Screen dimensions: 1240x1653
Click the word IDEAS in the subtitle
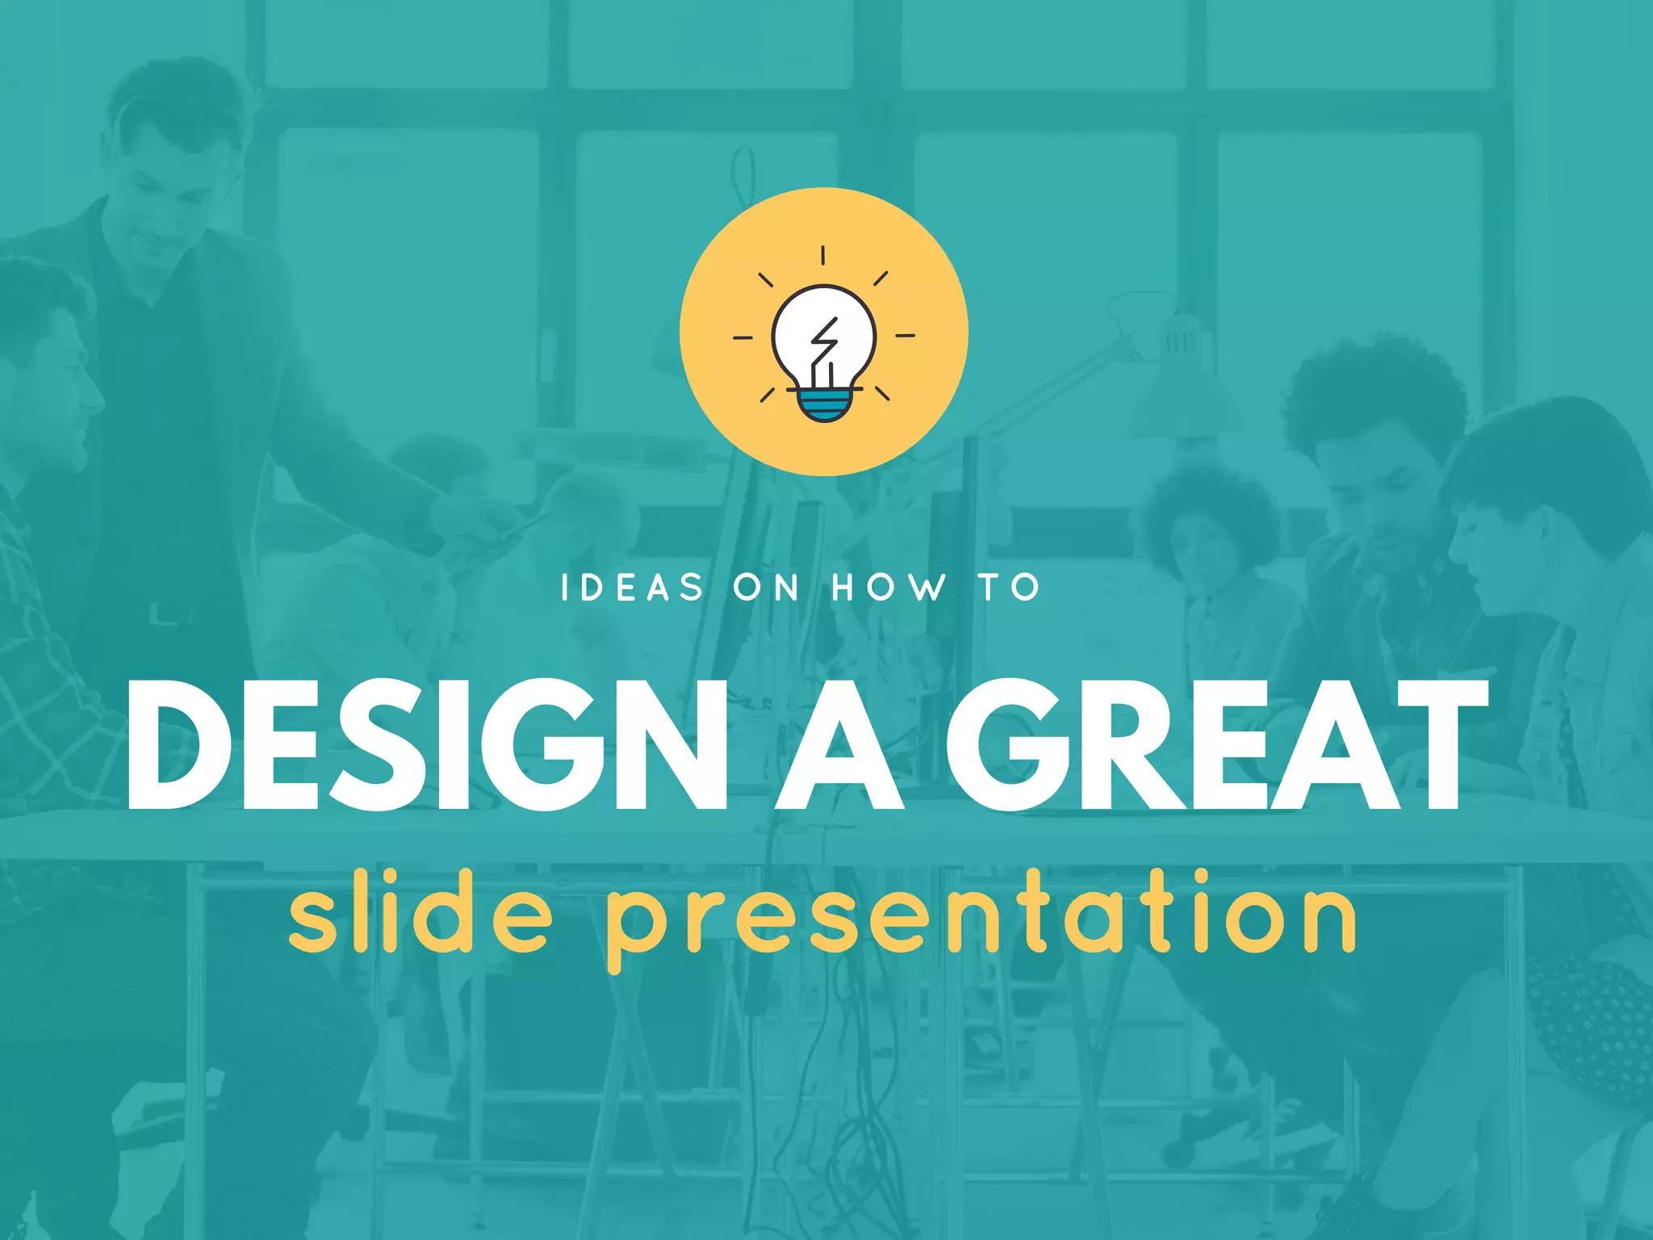pos(632,588)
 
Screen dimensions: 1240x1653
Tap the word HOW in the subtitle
pos(888,588)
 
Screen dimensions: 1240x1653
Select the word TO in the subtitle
pos(1011,588)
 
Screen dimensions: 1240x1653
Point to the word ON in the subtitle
pos(766,588)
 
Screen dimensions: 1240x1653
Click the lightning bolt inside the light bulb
pos(824,343)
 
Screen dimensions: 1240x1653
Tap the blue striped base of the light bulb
pos(824,405)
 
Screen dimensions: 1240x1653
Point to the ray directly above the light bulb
pos(823,256)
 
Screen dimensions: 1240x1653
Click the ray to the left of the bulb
pos(743,337)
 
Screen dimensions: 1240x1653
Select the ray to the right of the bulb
pos(906,335)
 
